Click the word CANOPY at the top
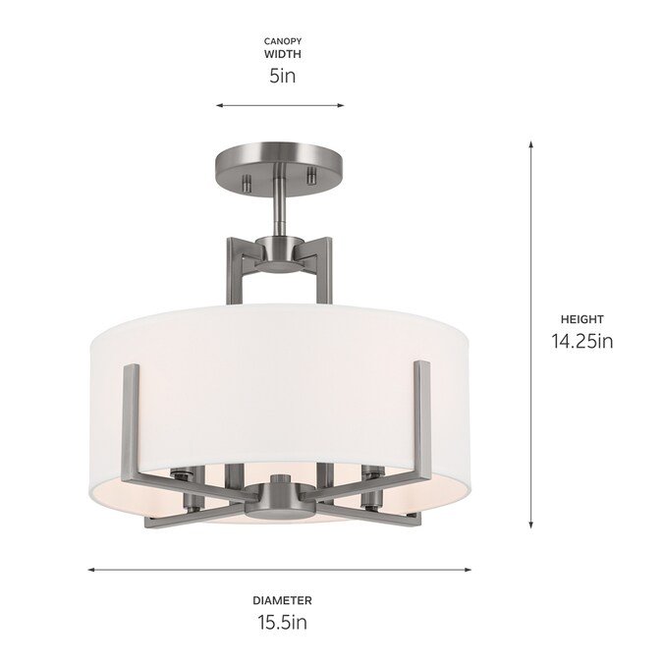283,41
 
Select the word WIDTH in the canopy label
283,54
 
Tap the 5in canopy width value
283,76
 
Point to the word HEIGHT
582,319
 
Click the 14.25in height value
582,341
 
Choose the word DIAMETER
283,600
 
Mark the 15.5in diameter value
283,623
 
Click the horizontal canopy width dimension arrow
280,105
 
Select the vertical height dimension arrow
531,335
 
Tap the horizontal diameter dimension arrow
280,570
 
